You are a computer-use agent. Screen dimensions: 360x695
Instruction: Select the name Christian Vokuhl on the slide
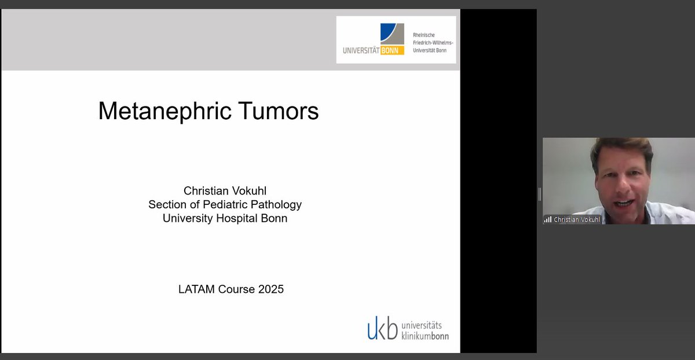click(225, 190)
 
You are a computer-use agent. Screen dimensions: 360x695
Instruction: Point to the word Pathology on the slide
click(276, 204)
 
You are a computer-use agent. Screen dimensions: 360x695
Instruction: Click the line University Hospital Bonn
click(225, 219)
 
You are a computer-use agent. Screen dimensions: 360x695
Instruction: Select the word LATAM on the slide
click(196, 289)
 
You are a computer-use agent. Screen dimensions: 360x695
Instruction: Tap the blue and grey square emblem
click(392, 34)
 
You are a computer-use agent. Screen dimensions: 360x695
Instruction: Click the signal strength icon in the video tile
click(547, 219)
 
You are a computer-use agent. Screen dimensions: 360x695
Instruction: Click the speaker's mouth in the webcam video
click(623, 203)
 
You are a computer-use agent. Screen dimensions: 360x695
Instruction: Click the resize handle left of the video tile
click(540, 194)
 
